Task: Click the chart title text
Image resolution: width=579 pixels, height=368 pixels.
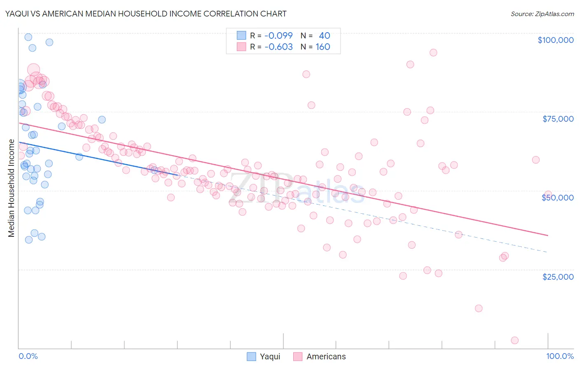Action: [x=146, y=14]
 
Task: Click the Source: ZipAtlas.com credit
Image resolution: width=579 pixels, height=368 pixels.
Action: [x=542, y=14]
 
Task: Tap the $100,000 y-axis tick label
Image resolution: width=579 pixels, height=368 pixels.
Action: [x=555, y=40]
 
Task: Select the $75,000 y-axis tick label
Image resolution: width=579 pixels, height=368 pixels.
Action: [x=558, y=119]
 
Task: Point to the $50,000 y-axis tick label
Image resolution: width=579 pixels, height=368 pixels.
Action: [x=558, y=198]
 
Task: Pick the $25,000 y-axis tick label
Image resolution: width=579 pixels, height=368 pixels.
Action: [x=558, y=276]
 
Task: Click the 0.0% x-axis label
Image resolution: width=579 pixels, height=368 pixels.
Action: [x=28, y=356]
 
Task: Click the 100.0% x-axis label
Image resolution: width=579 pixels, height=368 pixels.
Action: [x=560, y=356]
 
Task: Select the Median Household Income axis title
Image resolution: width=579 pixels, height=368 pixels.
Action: [x=12, y=188]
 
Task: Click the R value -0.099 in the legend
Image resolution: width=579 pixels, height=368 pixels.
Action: [x=278, y=35]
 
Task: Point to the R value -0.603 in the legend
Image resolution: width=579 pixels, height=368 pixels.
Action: [x=278, y=47]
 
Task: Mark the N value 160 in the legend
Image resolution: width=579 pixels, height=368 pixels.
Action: [x=323, y=47]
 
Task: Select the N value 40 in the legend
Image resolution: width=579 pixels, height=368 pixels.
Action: [x=324, y=35]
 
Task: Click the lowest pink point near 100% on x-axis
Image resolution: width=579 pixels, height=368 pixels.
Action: [x=514, y=340]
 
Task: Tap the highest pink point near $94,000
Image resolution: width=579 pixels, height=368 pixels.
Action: [x=433, y=52]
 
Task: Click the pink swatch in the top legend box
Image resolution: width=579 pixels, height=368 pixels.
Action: [x=241, y=47]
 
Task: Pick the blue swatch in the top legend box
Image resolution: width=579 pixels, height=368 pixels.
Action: [x=241, y=35]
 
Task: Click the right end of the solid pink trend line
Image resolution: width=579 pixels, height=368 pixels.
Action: [x=548, y=235]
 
